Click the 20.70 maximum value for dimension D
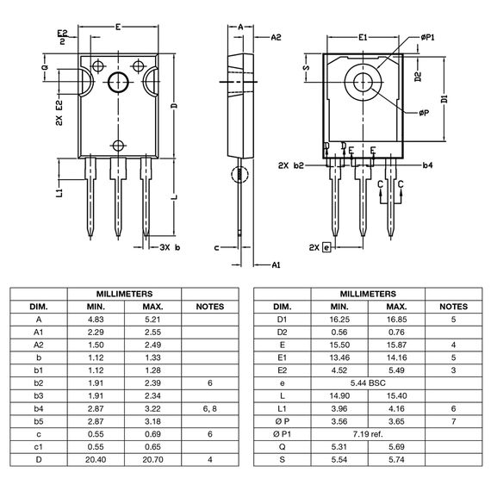pyautogui.click(x=152, y=460)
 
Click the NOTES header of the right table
pyautogui.click(x=453, y=307)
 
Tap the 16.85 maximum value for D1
pyautogui.click(x=396, y=319)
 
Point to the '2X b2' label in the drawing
pyautogui.click(x=291, y=164)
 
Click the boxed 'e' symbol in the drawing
pyautogui.click(x=326, y=247)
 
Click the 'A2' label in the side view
pyautogui.click(x=276, y=38)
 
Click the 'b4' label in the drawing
pyautogui.click(x=428, y=164)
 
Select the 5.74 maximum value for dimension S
pyautogui.click(x=396, y=460)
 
